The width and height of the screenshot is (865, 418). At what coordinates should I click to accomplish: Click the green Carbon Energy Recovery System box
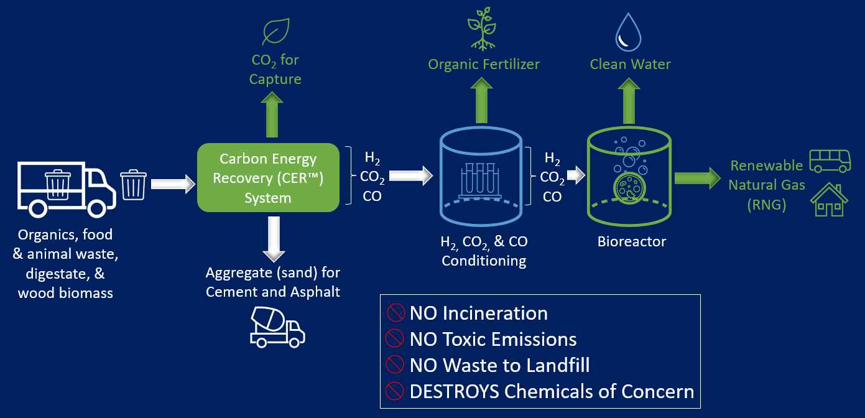[268, 178]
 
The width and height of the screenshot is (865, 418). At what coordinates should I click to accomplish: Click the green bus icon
[830, 160]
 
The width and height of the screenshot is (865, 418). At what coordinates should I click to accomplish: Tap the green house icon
[829, 200]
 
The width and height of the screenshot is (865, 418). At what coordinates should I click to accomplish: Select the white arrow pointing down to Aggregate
[274, 239]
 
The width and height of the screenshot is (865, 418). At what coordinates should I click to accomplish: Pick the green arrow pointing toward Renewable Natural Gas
[696, 178]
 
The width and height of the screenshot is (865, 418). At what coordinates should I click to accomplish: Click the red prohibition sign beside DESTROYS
[395, 391]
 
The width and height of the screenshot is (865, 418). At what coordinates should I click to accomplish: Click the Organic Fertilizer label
[484, 64]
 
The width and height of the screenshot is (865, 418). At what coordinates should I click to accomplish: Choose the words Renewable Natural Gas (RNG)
[766, 185]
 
